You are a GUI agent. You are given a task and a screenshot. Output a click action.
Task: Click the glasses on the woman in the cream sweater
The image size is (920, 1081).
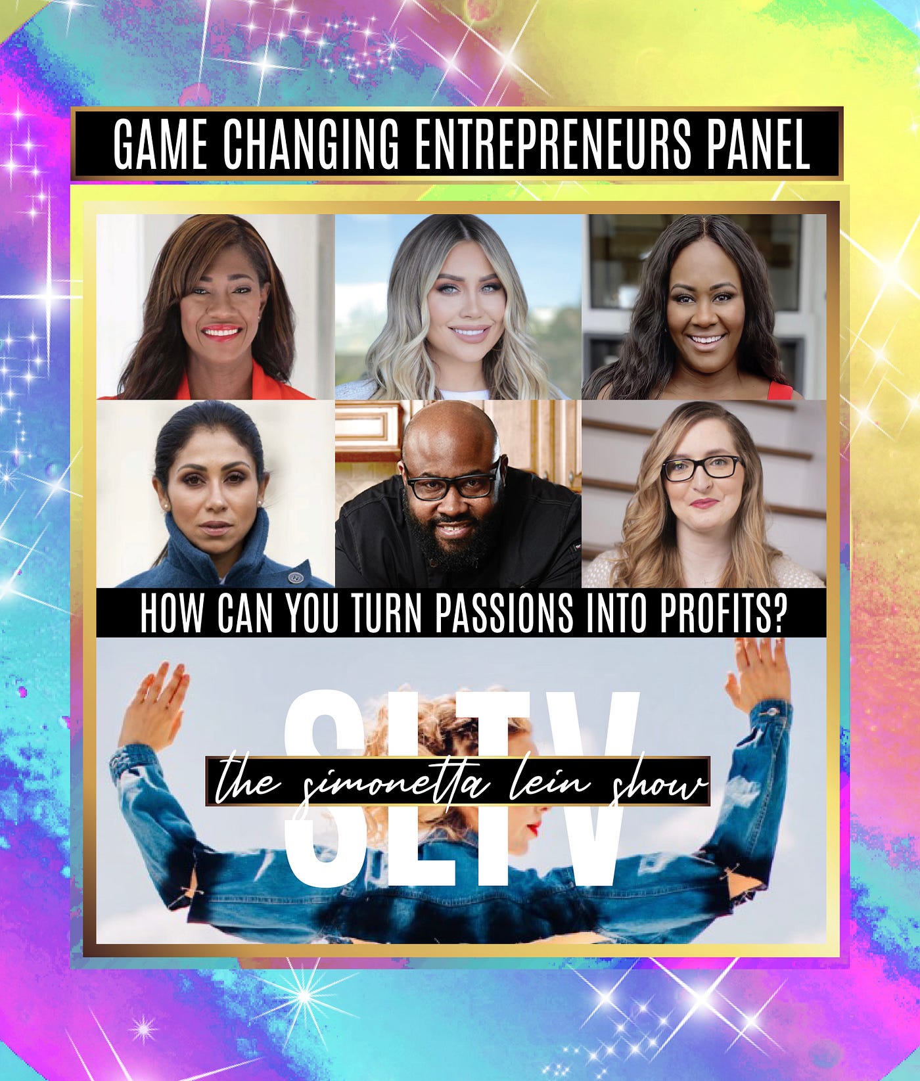point(701,468)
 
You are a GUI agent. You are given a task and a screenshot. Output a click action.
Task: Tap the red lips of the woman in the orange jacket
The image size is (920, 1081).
point(221,332)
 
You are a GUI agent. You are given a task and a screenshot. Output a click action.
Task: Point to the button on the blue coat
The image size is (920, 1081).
point(293,576)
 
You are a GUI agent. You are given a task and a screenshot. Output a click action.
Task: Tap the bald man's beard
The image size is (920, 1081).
point(452,539)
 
